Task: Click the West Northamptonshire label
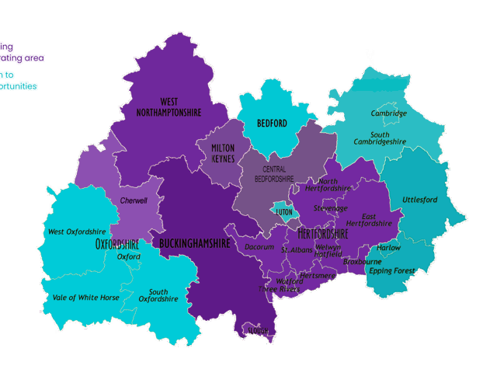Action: click(180, 106)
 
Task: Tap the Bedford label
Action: click(272, 123)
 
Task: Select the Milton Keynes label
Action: click(223, 152)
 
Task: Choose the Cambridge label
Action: click(388, 113)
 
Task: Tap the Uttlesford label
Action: click(419, 200)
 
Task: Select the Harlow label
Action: click(389, 248)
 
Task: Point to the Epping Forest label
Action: click(392, 270)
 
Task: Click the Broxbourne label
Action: click(361, 262)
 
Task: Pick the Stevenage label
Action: click(331, 208)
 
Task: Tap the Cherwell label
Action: click(134, 200)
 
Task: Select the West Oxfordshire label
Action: click(77, 232)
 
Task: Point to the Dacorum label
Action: click(259, 246)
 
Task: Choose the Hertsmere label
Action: click(316, 275)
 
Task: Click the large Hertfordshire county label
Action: click(322, 232)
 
